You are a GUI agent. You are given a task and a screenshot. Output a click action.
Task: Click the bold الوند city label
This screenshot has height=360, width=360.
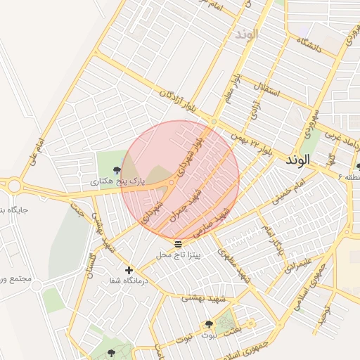pos(298,160)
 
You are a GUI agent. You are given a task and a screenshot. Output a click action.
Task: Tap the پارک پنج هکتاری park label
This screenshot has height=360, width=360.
pos(121,181)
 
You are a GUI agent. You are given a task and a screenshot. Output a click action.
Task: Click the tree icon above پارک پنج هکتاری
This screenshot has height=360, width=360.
pos(117,169)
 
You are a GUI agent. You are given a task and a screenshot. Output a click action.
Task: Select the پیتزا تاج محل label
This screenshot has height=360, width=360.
pos(178,254)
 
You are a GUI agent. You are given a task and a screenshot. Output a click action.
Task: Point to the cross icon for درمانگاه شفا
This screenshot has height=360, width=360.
pos(128,270)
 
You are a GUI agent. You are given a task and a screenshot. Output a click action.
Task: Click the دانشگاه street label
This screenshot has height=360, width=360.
pos(309,46)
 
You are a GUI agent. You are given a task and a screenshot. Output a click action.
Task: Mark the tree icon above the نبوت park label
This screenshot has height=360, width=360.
pos(209,324)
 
